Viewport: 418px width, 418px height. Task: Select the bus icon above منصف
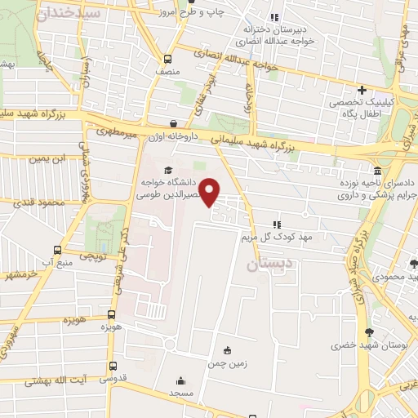(167, 59)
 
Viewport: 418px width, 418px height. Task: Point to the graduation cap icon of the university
(168, 171)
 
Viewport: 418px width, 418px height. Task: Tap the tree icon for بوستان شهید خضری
(369, 332)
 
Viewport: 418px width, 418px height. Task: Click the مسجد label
(180, 394)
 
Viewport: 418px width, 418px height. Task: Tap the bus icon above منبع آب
(56, 250)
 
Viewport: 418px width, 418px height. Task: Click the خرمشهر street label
(18, 274)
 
